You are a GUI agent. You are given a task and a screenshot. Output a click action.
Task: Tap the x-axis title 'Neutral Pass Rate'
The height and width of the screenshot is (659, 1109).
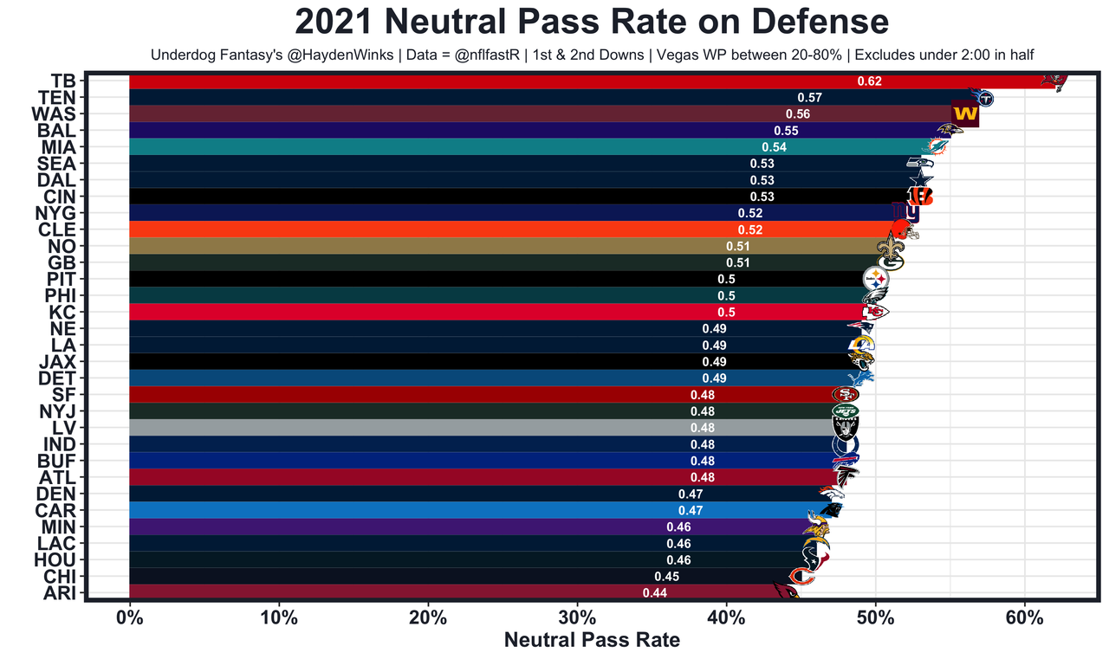click(x=592, y=640)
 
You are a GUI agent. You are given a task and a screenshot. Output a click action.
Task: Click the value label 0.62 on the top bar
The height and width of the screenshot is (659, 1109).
click(x=869, y=81)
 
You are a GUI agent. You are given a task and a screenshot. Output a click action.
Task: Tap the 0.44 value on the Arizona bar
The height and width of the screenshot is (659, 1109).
click(x=655, y=593)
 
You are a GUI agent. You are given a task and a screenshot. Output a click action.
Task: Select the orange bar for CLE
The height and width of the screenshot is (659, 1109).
click(x=433, y=229)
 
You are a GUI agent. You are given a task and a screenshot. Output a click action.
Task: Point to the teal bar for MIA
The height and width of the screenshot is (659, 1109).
click(x=433, y=147)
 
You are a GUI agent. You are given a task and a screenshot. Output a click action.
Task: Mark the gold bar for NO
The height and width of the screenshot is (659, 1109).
click(x=433, y=246)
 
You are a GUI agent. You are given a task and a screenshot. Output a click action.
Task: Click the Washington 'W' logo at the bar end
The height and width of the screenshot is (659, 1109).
click(x=964, y=114)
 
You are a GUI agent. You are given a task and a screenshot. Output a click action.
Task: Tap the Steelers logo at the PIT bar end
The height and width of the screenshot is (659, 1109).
click(x=877, y=280)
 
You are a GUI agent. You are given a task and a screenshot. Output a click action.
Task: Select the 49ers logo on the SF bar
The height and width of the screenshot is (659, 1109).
click(x=845, y=395)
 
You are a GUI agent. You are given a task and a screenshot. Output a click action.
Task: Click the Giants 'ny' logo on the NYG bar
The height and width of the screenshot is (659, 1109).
click(x=905, y=212)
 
